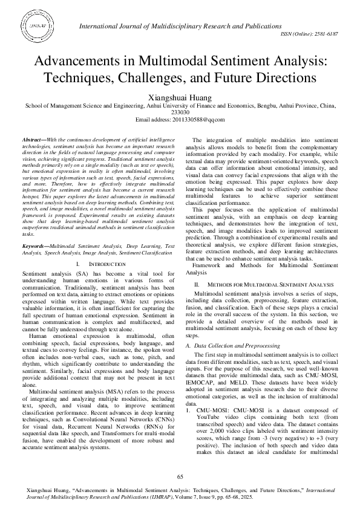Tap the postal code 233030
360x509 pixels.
[180, 112]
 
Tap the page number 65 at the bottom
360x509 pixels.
[180, 478]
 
